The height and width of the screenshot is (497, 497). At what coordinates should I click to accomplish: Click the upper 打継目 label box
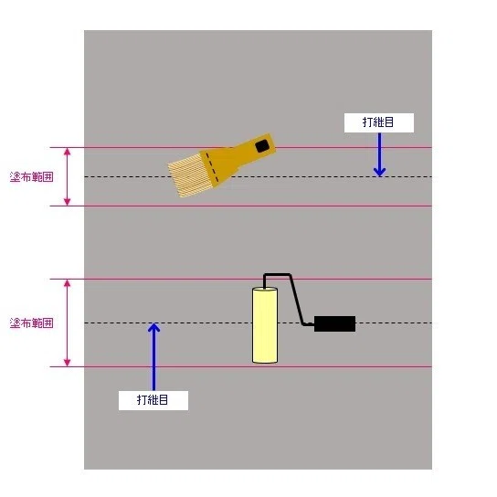point(379,122)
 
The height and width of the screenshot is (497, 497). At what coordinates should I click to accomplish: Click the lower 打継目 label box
point(153,400)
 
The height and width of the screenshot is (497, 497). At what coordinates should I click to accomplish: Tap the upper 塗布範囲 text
point(31,177)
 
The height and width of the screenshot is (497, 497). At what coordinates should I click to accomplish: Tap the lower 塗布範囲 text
point(31,323)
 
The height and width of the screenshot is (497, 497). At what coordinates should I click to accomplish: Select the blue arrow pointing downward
point(379,154)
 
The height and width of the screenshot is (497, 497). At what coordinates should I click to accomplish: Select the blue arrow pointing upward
point(153,356)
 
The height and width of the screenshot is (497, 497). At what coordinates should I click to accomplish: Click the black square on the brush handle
point(262,146)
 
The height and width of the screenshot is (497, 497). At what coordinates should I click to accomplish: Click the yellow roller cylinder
point(265,325)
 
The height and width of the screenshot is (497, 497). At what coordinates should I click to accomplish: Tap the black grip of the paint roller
point(334,323)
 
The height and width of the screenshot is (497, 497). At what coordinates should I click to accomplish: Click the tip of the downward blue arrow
point(379,176)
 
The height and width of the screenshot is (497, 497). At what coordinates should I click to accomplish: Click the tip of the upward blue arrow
point(153,323)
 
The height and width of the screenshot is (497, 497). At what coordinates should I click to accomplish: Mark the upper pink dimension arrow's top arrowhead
point(67,151)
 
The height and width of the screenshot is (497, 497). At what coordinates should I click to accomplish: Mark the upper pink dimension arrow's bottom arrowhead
point(67,202)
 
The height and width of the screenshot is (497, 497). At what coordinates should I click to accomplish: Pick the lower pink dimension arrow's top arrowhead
point(67,282)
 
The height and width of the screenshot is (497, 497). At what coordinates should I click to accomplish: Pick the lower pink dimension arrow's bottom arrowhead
point(67,363)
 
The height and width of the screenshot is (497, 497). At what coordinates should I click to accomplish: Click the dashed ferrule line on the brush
point(212,168)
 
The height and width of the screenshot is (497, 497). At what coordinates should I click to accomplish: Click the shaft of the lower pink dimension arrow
point(67,323)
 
